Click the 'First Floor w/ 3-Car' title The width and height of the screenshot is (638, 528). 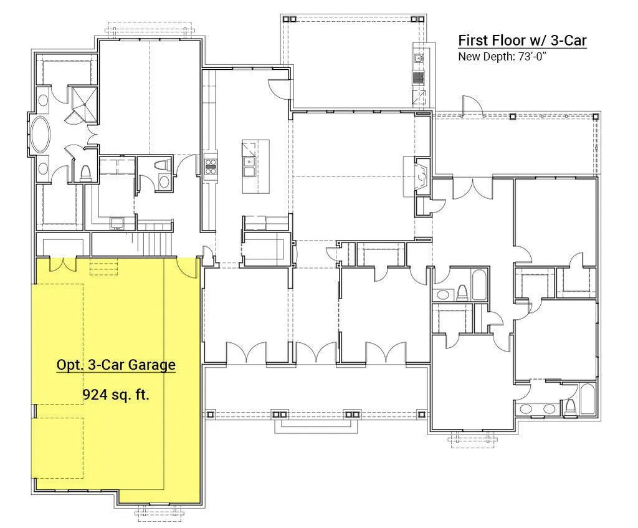coord(523,41)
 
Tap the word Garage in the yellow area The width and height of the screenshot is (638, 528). coord(152,365)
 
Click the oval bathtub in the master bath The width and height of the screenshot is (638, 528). coord(40,135)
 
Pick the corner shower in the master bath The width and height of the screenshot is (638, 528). coord(85,105)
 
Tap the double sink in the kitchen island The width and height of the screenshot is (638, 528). coord(249,166)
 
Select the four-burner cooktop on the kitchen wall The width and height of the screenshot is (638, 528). coord(211,166)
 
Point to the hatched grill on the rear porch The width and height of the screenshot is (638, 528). coord(419,77)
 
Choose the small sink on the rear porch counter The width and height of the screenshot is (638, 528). coord(419,58)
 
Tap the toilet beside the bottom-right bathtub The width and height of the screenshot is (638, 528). coord(571,407)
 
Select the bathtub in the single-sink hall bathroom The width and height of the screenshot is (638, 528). coord(479,285)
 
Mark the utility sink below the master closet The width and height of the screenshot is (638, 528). coord(117,223)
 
